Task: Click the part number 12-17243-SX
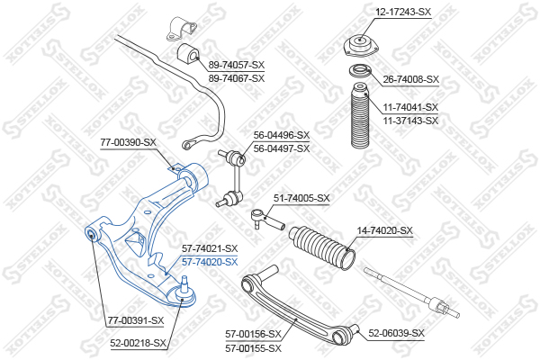[403, 12]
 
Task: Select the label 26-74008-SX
[411, 79]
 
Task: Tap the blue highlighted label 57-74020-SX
[210, 262]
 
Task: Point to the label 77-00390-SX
[128, 142]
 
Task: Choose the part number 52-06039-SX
[396, 333]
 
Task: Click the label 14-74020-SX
[384, 230]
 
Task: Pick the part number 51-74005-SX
[301, 198]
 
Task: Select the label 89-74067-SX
[237, 78]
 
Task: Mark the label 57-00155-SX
[254, 348]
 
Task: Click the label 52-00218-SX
[138, 343]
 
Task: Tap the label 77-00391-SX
[136, 320]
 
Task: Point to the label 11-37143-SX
[410, 121]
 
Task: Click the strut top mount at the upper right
[360, 46]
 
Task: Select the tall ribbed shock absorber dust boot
[359, 116]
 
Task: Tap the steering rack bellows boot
[321, 247]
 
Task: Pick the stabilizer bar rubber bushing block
[188, 54]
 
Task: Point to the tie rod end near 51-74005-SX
[267, 219]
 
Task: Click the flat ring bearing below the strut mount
[360, 71]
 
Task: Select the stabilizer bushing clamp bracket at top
[180, 30]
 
